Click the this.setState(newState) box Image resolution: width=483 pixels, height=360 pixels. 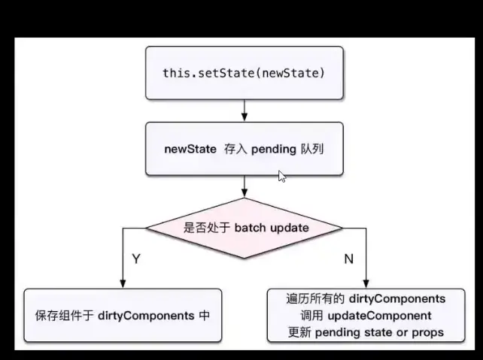pyautogui.click(x=244, y=74)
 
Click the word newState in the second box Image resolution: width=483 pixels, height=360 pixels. pyautogui.click(x=190, y=150)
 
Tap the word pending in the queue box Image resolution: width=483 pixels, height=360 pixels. pyautogui.click(x=273, y=150)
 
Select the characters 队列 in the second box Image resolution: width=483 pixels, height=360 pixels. pyautogui.click(x=311, y=150)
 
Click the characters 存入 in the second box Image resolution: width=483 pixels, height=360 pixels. pyautogui.click(x=233, y=150)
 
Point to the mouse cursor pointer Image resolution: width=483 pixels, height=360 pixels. pyautogui.click(x=282, y=177)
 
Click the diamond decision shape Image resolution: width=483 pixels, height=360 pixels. pyautogui.click(x=244, y=228)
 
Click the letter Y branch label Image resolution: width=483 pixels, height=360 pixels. pyautogui.click(x=136, y=259)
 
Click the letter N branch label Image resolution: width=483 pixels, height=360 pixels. pyautogui.click(x=348, y=259)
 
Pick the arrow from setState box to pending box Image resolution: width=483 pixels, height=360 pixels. pyautogui.click(x=244, y=111)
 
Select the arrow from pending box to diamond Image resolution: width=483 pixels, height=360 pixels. pyautogui.click(x=244, y=186)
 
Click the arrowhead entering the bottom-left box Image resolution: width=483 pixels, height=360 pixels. pyautogui.click(x=122, y=284)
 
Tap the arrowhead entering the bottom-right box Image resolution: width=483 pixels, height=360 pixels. pyautogui.click(x=366, y=284)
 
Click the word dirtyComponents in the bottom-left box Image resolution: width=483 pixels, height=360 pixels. pyautogui.click(x=146, y=316)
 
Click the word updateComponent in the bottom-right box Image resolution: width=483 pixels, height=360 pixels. pyautogui.click(x=388, y=316)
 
